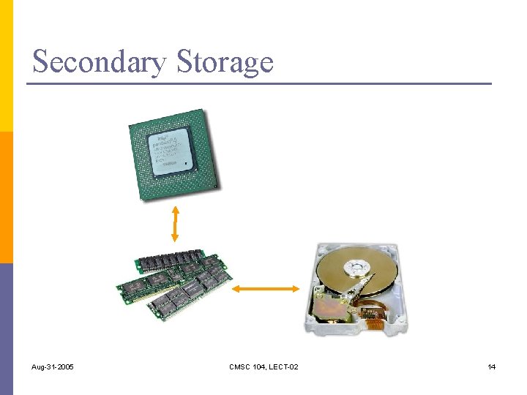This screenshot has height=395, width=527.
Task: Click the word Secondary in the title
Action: pyautogui.click(x=99, y=61)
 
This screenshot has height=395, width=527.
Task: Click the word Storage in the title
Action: pyautogui.click(x=225, y=61)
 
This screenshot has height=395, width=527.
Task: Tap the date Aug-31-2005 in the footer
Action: pyautogui.click(x=53, y=366)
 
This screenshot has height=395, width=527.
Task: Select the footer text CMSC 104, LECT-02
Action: pyautogui.click(x=263, y=366)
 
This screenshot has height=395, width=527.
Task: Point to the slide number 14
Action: pyautogui.click(x=491, y=366)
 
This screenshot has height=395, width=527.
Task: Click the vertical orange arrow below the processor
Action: pyautogui.click(x=174, y=223)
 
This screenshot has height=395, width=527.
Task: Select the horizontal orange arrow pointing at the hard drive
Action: pyautogui.click(x=265, y=289)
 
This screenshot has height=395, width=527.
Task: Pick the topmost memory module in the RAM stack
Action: pyautogui.click(x=168, y=260)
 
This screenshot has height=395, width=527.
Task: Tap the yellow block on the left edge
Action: pyautogui.click(x=6, y=66)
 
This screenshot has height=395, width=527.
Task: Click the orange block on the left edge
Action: pyautogui.click(x=6, y=197)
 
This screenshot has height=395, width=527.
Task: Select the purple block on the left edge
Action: pyautogui.click(x=6, y=329)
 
